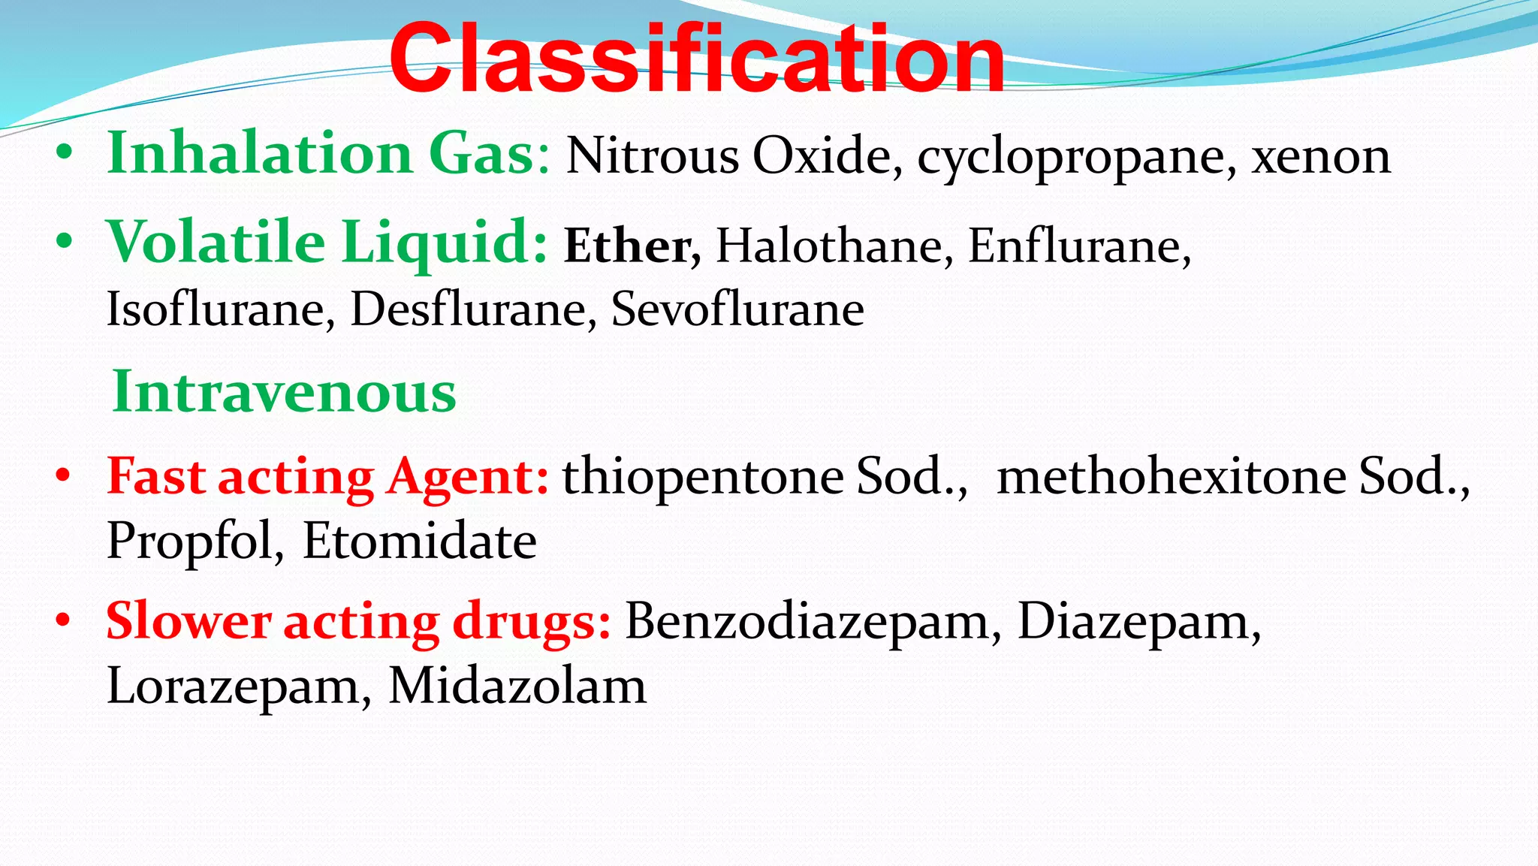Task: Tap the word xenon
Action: point(1321,156)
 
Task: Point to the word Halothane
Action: point(829,246)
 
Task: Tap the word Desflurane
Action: point(468,309)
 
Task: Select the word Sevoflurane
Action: point(737,309)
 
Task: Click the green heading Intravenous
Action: point(284,392)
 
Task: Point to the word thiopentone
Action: point(703,478)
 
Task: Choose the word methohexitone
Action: point(1172,476)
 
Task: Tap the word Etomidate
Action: point(419,541)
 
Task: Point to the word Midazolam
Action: point(517,686)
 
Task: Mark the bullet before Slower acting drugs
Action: point(65,621)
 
